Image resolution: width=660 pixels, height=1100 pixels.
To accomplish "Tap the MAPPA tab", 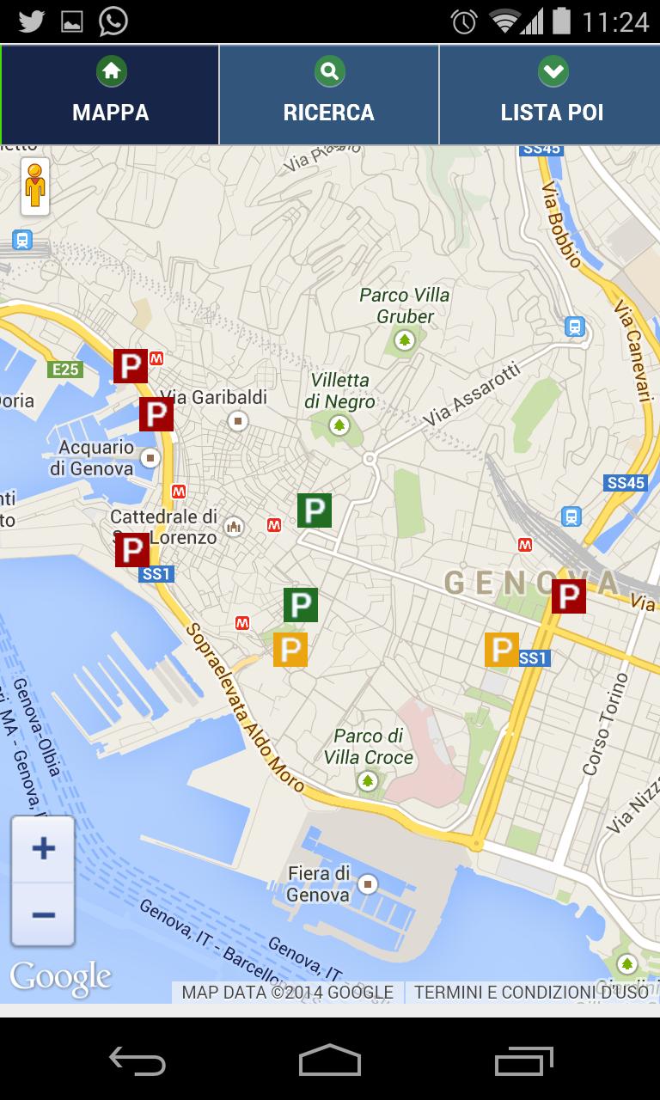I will click(x=110, y=95).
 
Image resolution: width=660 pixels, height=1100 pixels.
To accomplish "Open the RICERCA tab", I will click(x=329, y=95).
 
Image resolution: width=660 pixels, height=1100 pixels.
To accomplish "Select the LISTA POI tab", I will click(x=551, y=95).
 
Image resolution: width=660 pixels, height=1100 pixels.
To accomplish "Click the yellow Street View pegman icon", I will click(x=35, y=185).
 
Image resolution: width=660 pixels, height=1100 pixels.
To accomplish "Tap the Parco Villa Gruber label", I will click(x=405, y=306).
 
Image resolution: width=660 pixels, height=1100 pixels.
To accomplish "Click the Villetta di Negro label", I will click(x=339, y=391).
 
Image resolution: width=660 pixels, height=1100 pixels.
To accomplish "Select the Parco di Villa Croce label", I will click(x=369, y=747).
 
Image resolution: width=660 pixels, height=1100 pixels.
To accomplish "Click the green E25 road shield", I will click(x=65, y=370).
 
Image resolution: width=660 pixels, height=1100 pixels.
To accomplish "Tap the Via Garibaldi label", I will click(x=214, y=398).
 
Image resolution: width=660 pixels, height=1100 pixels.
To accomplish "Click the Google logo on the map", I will click(x=60, y=977).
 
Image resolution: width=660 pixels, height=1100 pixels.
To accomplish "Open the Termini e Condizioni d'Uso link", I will click(x=531, y=993).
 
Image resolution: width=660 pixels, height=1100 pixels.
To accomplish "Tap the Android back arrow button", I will click(x=137, y=1060).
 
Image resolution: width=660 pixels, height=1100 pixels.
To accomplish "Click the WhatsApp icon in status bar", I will click(x=113, y=21).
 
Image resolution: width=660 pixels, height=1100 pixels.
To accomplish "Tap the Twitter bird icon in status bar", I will click(x=31, y=21).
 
